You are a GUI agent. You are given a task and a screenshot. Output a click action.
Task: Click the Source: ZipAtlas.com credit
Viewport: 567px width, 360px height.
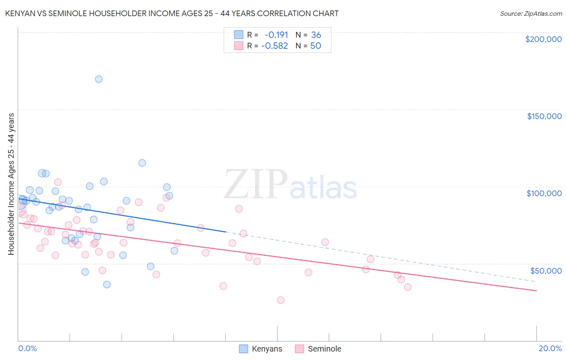(x=531, y=13)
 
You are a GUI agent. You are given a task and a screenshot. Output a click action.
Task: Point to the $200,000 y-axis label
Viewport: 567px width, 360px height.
(x=543, y=39)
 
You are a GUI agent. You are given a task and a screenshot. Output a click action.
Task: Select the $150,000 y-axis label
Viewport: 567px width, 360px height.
(x=544, y=116)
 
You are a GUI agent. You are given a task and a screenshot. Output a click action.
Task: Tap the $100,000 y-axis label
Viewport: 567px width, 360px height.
(x=544, y=193)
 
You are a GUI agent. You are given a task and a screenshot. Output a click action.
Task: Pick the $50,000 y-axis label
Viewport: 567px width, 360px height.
(x=546, y=270)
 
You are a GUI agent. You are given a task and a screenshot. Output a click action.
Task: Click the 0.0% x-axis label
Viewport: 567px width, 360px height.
(x=27, y=348)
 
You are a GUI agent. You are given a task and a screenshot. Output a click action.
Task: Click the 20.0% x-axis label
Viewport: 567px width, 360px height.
(x=550, y=348)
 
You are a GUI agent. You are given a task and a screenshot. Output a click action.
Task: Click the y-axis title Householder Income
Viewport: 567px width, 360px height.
(x=11, y=184)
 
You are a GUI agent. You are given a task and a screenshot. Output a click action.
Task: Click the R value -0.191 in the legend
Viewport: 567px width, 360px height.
(x=276, y=35)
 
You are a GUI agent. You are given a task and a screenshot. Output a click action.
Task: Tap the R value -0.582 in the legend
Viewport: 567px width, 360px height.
(x=275, y=46)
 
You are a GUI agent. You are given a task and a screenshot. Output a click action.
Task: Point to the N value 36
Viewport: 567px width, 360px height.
(x=316, y=35)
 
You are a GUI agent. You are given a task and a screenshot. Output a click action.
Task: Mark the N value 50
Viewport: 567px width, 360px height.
(x=315, y=46)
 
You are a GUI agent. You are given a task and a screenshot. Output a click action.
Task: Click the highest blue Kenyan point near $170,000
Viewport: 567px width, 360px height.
(x=99, y=79)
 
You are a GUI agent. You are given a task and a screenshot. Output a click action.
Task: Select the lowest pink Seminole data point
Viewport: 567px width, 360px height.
(x=281, y=300)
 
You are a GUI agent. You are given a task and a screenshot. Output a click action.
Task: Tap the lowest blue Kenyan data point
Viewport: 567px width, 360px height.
(x=107, y=285)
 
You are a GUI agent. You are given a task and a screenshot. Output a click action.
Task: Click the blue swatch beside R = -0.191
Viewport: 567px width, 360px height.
(x=239, y=35)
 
